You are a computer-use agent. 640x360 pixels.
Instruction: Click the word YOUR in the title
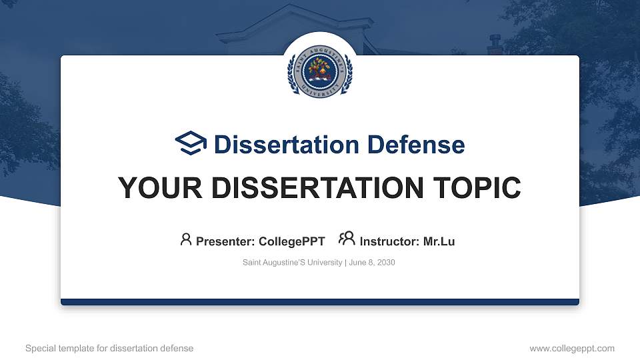[154, 188]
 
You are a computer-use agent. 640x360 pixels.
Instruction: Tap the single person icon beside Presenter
[186, 239]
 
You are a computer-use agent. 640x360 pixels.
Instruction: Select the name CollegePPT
[292, 241]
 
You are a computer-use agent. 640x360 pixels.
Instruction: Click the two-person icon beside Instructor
[347, 239]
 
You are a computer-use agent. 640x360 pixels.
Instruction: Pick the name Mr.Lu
[439, 241]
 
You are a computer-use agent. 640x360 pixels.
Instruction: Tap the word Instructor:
[390, 241]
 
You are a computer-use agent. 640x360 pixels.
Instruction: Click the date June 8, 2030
[372, 263]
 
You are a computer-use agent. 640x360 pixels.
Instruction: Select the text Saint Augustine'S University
[292, 263]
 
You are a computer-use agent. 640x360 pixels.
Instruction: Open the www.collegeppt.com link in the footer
[572, 348]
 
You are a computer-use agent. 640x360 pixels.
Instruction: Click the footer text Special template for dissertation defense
[109, 348]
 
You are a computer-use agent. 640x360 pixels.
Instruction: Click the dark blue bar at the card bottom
[319, 302]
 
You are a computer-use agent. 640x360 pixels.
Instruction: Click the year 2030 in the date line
[386, 263]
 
